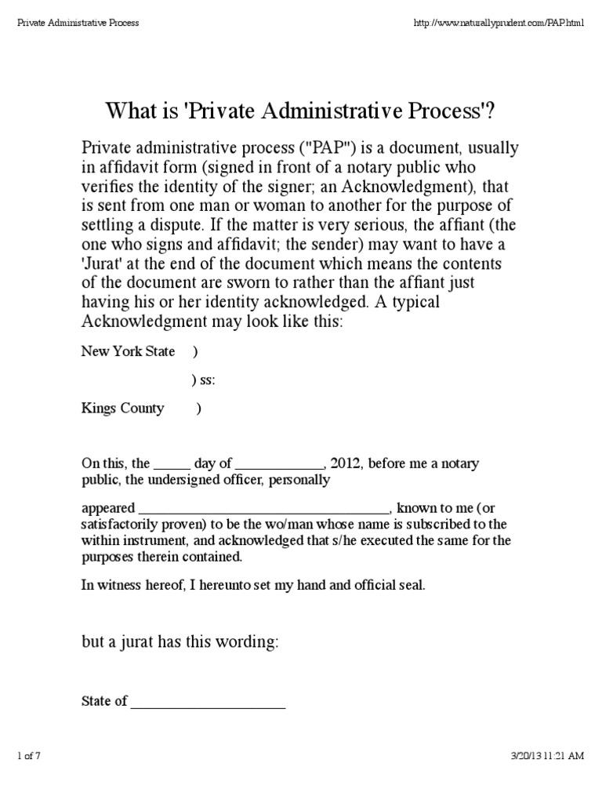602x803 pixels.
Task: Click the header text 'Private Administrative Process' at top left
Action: pos(78,23)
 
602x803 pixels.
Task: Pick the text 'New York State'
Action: pos(128,351)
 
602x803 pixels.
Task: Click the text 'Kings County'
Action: pos(123,408)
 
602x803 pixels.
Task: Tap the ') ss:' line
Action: pos(203,380)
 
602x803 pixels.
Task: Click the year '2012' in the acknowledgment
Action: pos(346,463)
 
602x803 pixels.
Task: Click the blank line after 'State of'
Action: pos(208,702)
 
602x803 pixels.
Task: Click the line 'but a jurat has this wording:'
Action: pos(180,642)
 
